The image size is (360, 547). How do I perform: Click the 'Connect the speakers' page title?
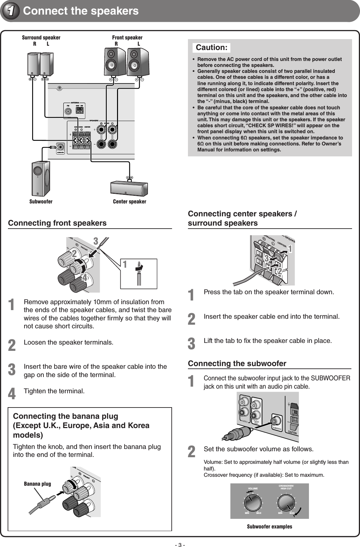[x=81, y=11]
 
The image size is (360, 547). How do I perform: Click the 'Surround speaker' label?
[x=41, y=38]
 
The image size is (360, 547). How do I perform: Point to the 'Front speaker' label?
[x=127, y=38]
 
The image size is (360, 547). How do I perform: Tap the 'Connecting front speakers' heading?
[x=57, y=223]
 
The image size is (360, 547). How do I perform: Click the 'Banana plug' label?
[x=37, y=484]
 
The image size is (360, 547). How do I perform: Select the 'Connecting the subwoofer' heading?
[x=237, y=363]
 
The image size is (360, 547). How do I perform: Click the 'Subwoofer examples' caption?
[x=270, y=526]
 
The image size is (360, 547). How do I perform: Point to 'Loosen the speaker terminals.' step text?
[x=68, y=342]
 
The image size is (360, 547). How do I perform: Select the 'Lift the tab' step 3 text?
[x=268, y=341]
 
